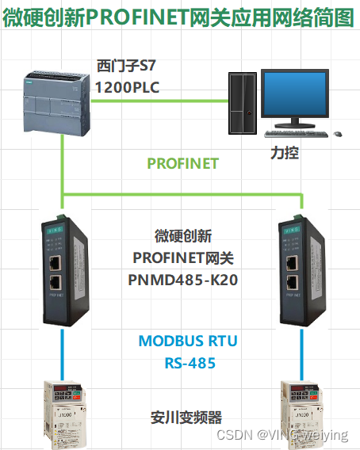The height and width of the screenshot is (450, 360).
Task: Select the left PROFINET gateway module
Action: pyautogui.click(x=62, y=269)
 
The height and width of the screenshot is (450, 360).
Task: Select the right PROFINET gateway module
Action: pyautogui.click(x=301, y=269)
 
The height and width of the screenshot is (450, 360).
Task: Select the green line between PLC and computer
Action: pyautogui.click(x=167, y=100)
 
